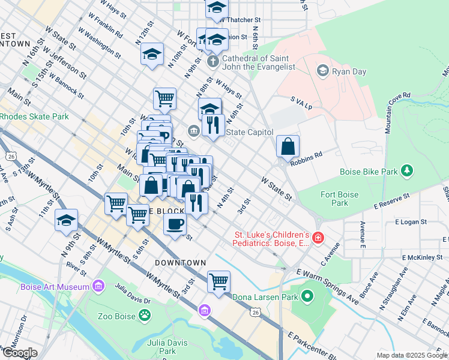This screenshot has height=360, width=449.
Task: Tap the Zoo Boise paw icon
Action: tap(145, 314)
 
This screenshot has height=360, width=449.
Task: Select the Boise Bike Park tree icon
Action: tap(408, 171)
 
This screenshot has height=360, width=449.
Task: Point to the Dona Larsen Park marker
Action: tap(308, 296)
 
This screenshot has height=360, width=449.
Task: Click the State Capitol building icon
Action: tap(194, 130)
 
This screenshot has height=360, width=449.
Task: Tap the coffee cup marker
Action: tap(175, 224)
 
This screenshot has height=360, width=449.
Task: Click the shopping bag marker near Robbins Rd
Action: tap(288, 146)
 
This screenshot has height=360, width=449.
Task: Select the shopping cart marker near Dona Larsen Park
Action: tap(218, 281)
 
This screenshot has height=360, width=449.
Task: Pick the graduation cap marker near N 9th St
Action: tap(66, 220)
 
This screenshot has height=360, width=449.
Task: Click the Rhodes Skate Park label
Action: tap(34, 116)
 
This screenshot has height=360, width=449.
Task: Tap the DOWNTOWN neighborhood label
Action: tap(179, 263)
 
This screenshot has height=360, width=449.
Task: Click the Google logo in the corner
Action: tap(19, 353)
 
